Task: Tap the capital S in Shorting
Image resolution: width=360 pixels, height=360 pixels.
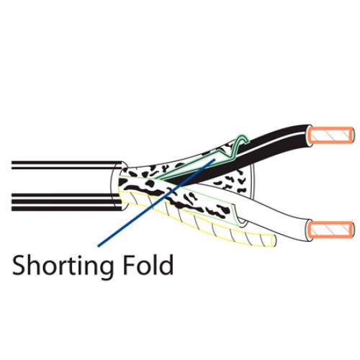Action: point(19,265)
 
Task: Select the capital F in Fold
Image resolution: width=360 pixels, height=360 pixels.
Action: point(130,265)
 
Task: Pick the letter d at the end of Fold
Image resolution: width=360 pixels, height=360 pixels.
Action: point(166,264)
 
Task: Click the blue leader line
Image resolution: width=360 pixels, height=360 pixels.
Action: point(156,202)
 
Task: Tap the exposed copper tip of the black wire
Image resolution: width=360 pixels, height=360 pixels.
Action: point(331,135)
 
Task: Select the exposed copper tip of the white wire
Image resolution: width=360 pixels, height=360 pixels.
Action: point(331,230)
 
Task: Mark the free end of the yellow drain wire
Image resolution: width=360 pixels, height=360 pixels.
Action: point(273,240)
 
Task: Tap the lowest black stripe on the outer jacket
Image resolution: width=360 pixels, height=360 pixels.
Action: point(66,209)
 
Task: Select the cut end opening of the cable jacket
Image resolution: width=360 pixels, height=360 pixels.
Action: point(117,186)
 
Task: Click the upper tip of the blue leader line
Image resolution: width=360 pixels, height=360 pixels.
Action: point(215,158)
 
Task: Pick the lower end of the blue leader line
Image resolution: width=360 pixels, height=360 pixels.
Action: point(99,246)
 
